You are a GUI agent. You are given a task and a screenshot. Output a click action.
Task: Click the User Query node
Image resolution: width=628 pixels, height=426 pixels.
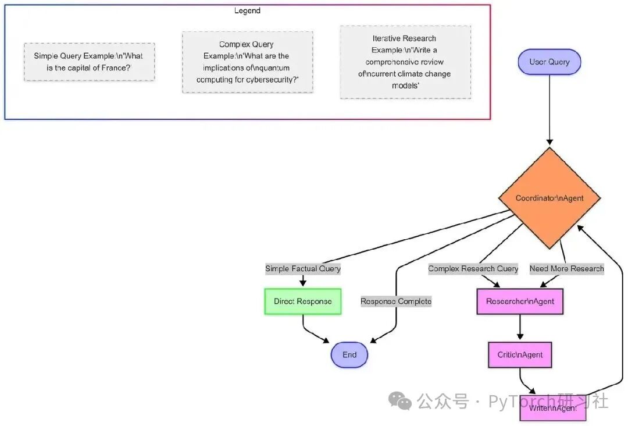tap(549, 62)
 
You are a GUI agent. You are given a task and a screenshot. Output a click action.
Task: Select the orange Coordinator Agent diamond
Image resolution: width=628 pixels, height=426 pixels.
tap(549, 198)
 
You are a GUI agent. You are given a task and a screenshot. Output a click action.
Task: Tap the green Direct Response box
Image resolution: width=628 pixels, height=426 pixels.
tap(302, 301)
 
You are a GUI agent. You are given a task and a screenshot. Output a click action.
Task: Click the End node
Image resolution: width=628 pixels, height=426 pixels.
tap(349, 355)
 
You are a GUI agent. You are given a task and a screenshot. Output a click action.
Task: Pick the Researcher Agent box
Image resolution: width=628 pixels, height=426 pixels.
tap(520, 301)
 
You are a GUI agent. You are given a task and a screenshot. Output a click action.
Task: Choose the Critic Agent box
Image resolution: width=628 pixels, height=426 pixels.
tap(520, 355)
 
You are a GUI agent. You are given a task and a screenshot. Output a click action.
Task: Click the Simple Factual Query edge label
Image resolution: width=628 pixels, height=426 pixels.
tap(302, 269)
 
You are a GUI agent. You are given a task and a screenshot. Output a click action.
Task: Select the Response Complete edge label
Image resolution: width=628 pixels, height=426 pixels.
tap(396, 301)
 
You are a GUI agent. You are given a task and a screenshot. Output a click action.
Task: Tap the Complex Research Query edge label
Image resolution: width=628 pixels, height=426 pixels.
tap(473, 269)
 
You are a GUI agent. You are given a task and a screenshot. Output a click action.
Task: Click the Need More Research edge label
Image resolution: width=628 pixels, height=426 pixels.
tap(566, 269)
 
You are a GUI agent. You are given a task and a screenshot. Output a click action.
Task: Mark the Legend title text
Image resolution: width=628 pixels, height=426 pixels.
tap(247, 10)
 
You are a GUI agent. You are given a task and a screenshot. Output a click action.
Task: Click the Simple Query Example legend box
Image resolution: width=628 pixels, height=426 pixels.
tap(89, 62)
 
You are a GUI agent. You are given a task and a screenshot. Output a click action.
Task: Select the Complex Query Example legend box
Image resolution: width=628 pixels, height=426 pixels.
tap(247, 62)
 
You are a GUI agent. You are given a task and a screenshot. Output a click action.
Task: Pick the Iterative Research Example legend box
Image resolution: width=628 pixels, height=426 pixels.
tap(405, 62)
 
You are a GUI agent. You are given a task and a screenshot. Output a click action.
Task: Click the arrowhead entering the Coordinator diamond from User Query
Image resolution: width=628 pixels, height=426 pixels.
tap(549, 143)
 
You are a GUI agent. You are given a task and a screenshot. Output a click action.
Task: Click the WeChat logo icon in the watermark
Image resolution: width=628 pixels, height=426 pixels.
tap(400, 400)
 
